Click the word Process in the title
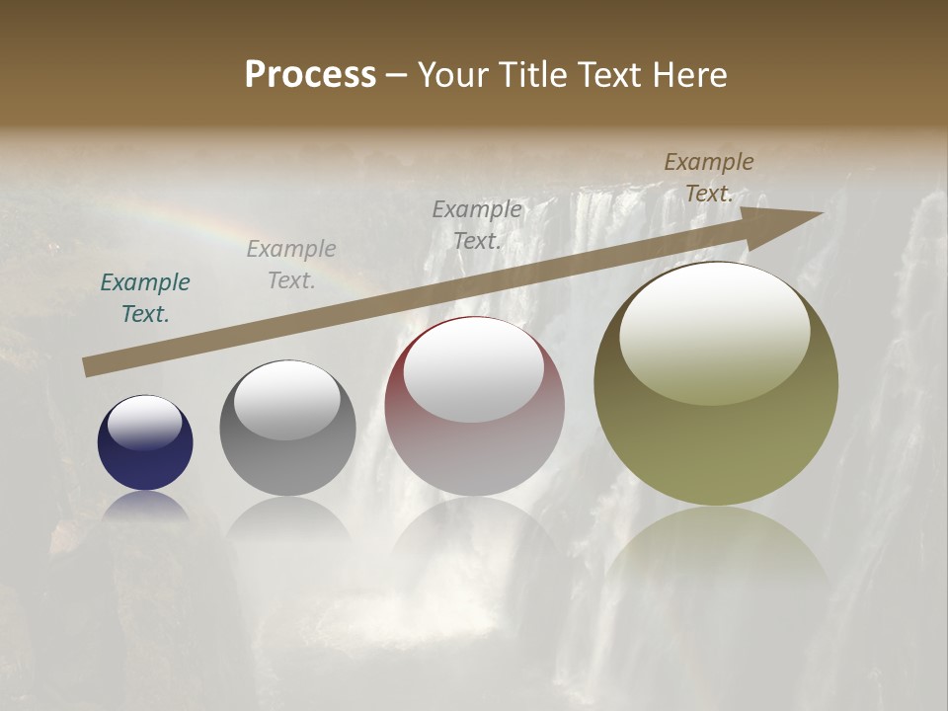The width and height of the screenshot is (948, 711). pos(310,75)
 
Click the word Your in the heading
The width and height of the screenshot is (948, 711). pos(452,75)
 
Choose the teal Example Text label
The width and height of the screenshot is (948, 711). pos(145,298)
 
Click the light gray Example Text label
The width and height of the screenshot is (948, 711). pos(291,264)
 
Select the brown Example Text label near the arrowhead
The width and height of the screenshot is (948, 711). pos(708,178)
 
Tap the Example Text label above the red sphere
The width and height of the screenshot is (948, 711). pos(477,224)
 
